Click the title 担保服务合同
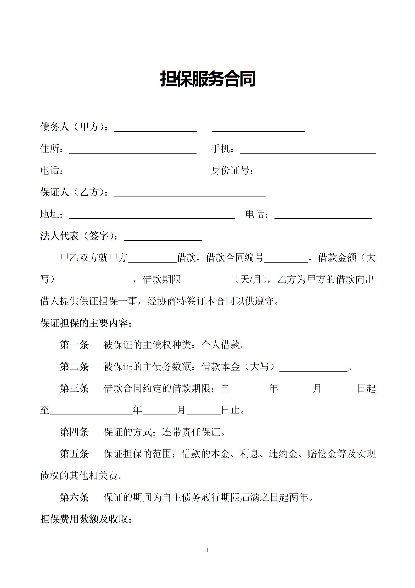pyautogui.click(x=207, y=79)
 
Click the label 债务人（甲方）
pyautogui.click(x=73, y=127)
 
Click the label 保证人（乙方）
pyautogui.click(x=73, y=192)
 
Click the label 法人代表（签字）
pyautogui.click(x=78, y=236)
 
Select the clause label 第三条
pyautogui.click(x=74, y=388)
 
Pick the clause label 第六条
pyautogui.click(x=74, y=497)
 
